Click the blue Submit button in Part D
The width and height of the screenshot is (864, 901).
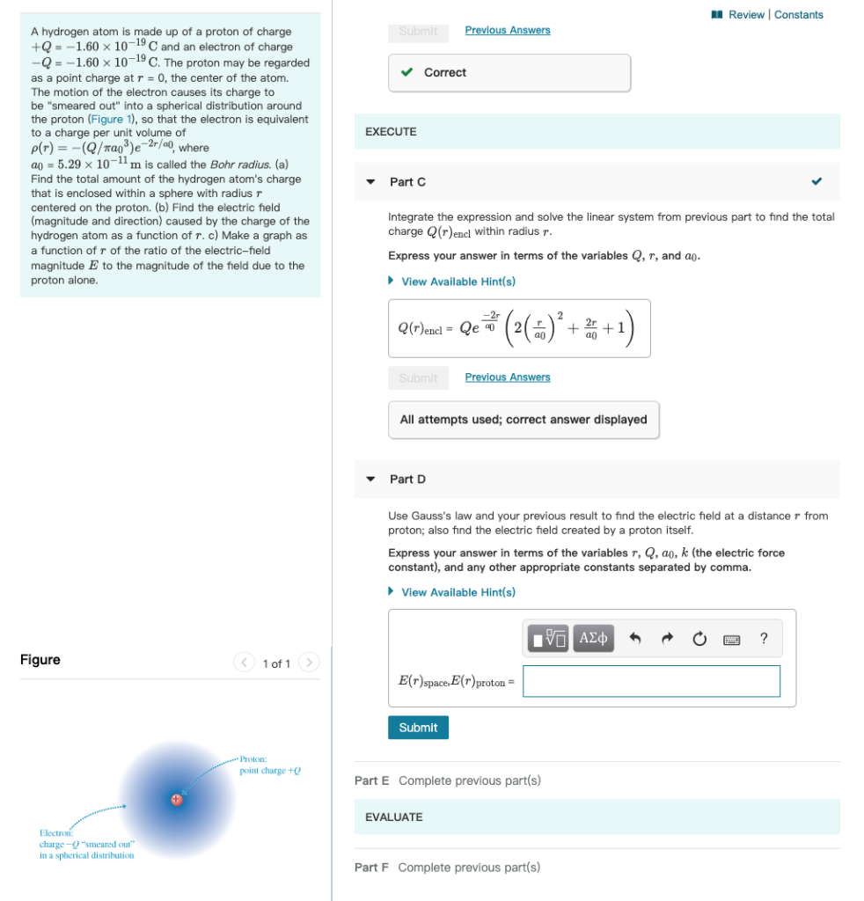(418, 728)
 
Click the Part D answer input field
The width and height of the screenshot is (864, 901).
(651, 681)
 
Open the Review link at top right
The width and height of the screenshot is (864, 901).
(747, 15)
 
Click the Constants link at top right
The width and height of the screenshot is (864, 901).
(799, 15)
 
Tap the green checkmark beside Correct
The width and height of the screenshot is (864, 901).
(406, 73)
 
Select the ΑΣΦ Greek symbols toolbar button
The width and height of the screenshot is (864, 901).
(593, 639)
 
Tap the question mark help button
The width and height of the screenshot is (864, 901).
(764, 639)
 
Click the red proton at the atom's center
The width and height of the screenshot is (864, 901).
(177, 799)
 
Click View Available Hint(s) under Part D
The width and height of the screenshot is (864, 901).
(458, 592)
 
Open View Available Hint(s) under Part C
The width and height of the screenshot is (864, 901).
(458, 282)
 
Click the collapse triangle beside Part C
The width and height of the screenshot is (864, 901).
(371, 182)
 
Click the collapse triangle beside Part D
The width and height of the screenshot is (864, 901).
(371, 480)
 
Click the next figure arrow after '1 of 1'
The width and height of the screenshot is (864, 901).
(309, 663)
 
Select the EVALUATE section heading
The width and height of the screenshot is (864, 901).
(393, 817)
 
